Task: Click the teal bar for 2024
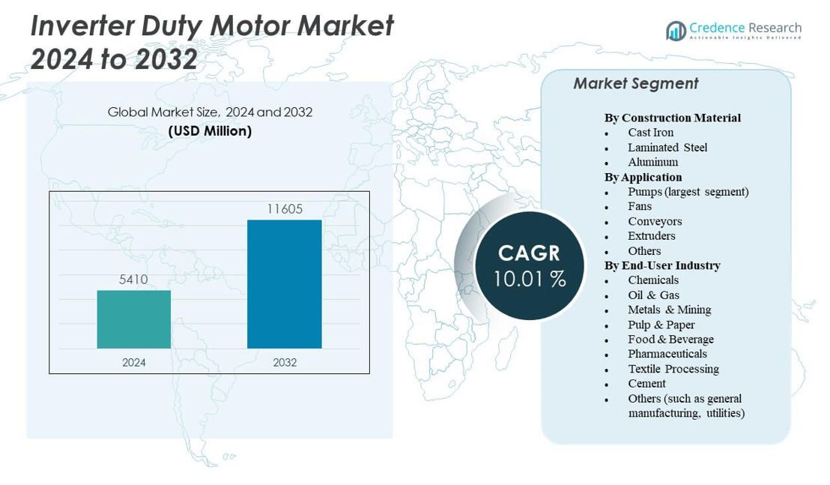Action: tap(134, 319)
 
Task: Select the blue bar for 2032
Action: tap(285, 284)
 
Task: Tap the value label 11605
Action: tap(285, 209)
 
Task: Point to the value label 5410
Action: tap(134, 280)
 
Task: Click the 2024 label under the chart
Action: tap(134, 363)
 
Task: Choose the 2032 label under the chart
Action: tap(285, 363)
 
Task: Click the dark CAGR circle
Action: tap(529, 265)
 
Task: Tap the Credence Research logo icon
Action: tap(676, 31)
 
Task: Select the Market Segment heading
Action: tap(635, 84)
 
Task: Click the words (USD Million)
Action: tap(210, 131)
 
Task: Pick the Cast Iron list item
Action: tap(650, 133)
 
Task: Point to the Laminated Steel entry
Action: tap(667, 148)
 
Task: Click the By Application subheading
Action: tap(643, 177)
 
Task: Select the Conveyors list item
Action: tap(655, 221)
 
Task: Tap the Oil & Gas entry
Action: tap(653, 295)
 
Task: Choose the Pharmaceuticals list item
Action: tap(667, 354)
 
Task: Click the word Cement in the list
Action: tap(646, 383)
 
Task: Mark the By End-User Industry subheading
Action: tap(662, 265)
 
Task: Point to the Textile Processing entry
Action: tap(673, 369)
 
